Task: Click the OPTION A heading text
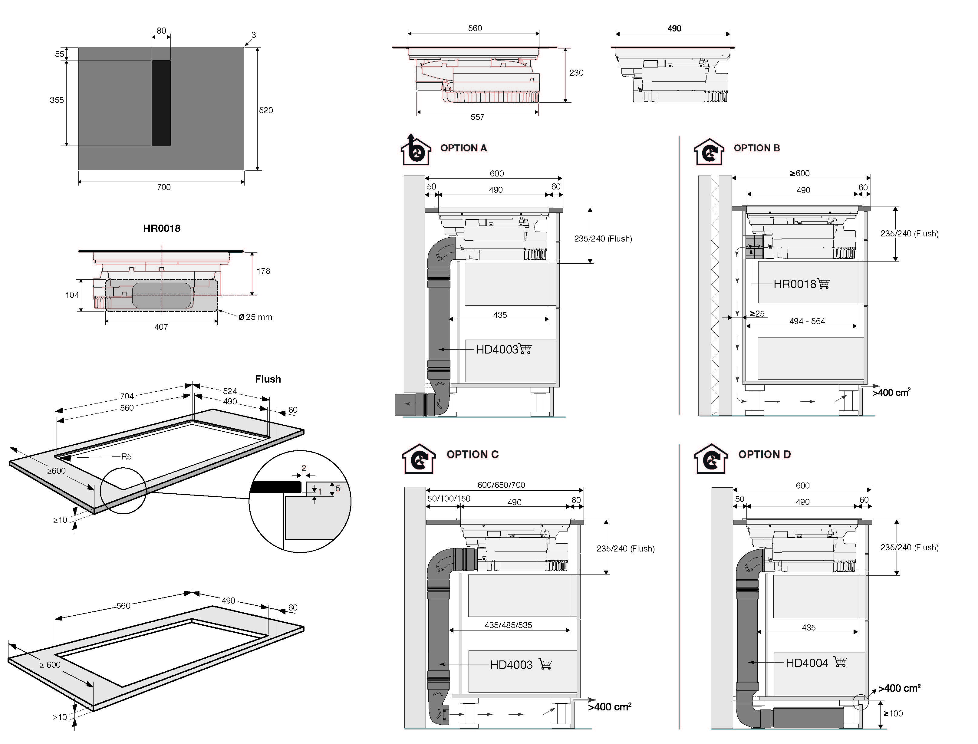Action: point(463,148)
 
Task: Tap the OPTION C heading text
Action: point(472,454)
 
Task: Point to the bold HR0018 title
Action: point(162,229)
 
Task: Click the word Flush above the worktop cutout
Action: point(268,379)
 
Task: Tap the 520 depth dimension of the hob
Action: point(266,110)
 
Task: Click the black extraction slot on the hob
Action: point(161,103)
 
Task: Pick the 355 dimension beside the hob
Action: point(57,100)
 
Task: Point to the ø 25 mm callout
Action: point(255,317)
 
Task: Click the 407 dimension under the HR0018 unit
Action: point(161,327)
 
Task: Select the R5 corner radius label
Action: point(126,456)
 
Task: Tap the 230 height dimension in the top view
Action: point(576,73)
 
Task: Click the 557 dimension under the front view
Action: point(477,117)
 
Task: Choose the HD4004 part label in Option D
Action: point(807,663)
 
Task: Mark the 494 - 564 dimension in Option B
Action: point(807,321)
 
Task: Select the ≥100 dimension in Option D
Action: point(893,713)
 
